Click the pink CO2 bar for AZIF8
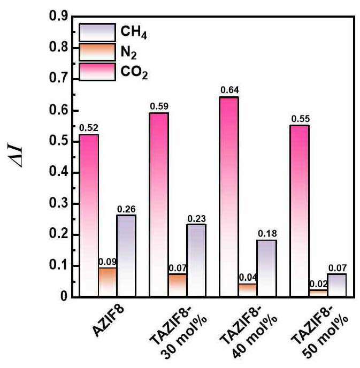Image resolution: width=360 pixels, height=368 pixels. point(89,216)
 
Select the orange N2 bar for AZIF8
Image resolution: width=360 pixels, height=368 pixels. point(108,282)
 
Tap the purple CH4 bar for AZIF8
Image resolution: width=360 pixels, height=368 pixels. point(126,256)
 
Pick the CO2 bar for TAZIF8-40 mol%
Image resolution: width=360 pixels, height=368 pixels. point(229,197)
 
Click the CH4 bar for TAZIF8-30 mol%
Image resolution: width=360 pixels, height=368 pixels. point(196,260)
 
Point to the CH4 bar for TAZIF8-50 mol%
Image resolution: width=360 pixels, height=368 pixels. point(337,285)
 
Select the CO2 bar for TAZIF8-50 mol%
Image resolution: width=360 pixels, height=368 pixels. point(300,211)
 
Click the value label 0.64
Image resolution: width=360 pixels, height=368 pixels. point(229,90)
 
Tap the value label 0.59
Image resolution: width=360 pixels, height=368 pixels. point(159,106)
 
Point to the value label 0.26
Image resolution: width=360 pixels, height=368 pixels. point(126,209)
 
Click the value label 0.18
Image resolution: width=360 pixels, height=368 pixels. point(267,234)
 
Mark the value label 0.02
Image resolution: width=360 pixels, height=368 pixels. point(318,284)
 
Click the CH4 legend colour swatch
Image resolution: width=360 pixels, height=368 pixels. point(97,33)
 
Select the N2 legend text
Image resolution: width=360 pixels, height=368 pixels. point(128,52)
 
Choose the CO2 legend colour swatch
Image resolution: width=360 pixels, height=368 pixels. point(97,72)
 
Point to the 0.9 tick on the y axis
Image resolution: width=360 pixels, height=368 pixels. point(58,16)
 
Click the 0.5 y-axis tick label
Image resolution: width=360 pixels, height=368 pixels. point(58,142)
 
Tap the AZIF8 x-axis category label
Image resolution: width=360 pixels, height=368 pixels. point(108,321)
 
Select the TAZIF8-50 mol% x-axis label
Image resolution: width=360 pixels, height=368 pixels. point(319,333)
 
